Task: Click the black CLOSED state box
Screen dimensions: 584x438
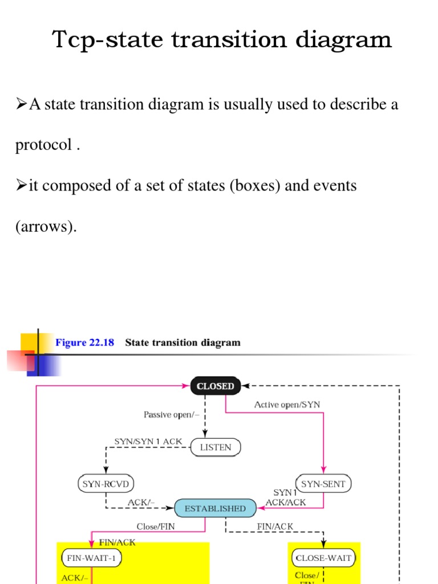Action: [x=216, y=386]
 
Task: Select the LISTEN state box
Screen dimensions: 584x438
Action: [x=216, y=447]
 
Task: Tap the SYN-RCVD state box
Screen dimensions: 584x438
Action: [x=106, y=484]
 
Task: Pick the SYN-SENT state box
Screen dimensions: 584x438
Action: [x=323, y=484]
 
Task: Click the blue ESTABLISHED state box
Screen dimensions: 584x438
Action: [x=216, y=508]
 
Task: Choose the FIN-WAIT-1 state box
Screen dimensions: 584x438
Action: [x=91, y=558]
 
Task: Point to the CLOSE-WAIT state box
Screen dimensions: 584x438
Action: [x=323, y=558]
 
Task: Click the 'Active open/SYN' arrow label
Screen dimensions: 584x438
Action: [x=287, y=404]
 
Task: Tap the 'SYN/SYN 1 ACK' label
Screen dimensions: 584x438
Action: [x=148, y=441]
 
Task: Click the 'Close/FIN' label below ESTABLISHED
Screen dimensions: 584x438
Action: [x=156, y=527]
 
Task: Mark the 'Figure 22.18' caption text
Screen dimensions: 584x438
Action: [x=84, y=343]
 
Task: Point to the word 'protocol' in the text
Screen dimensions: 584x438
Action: [x=43, y=145]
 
